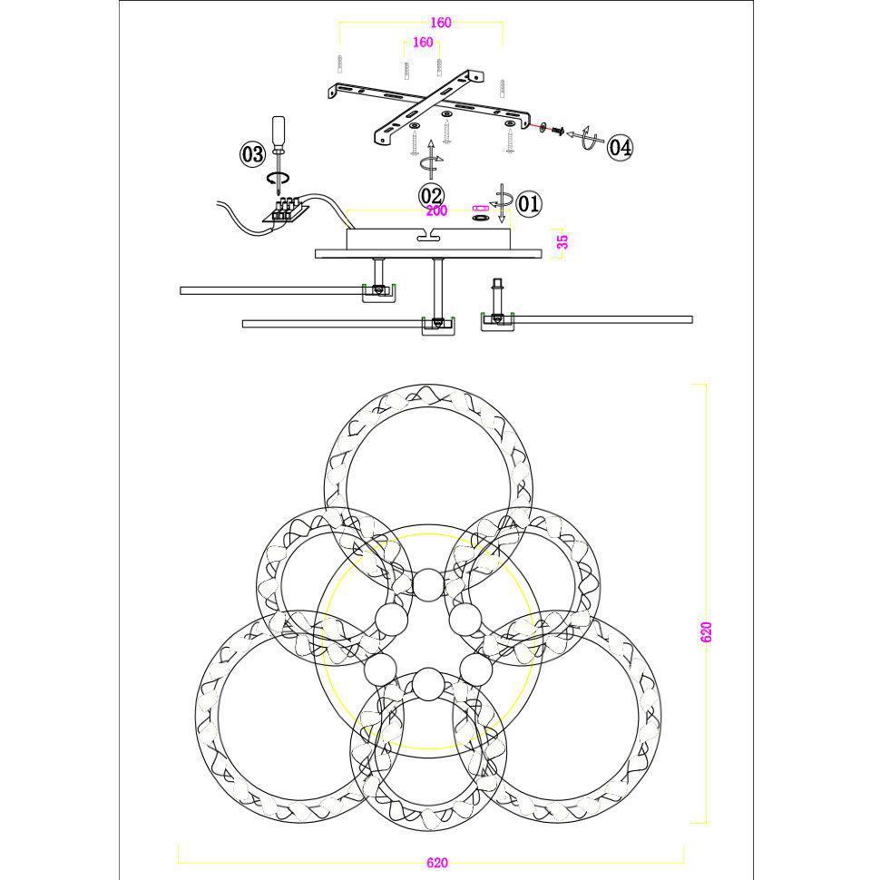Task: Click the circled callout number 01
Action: tap(528, 203)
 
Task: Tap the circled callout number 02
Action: tap(431, 197)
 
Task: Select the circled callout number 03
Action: tap(252, 154)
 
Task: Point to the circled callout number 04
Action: tap(621, 148)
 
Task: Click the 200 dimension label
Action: tap(436, 210)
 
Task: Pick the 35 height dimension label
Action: tap(562, 241)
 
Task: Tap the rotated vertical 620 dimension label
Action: tap(706, 632)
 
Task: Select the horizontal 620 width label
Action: tap(437, 863)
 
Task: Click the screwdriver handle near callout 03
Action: tap(279, 134)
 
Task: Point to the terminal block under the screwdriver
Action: tap(286, 210)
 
